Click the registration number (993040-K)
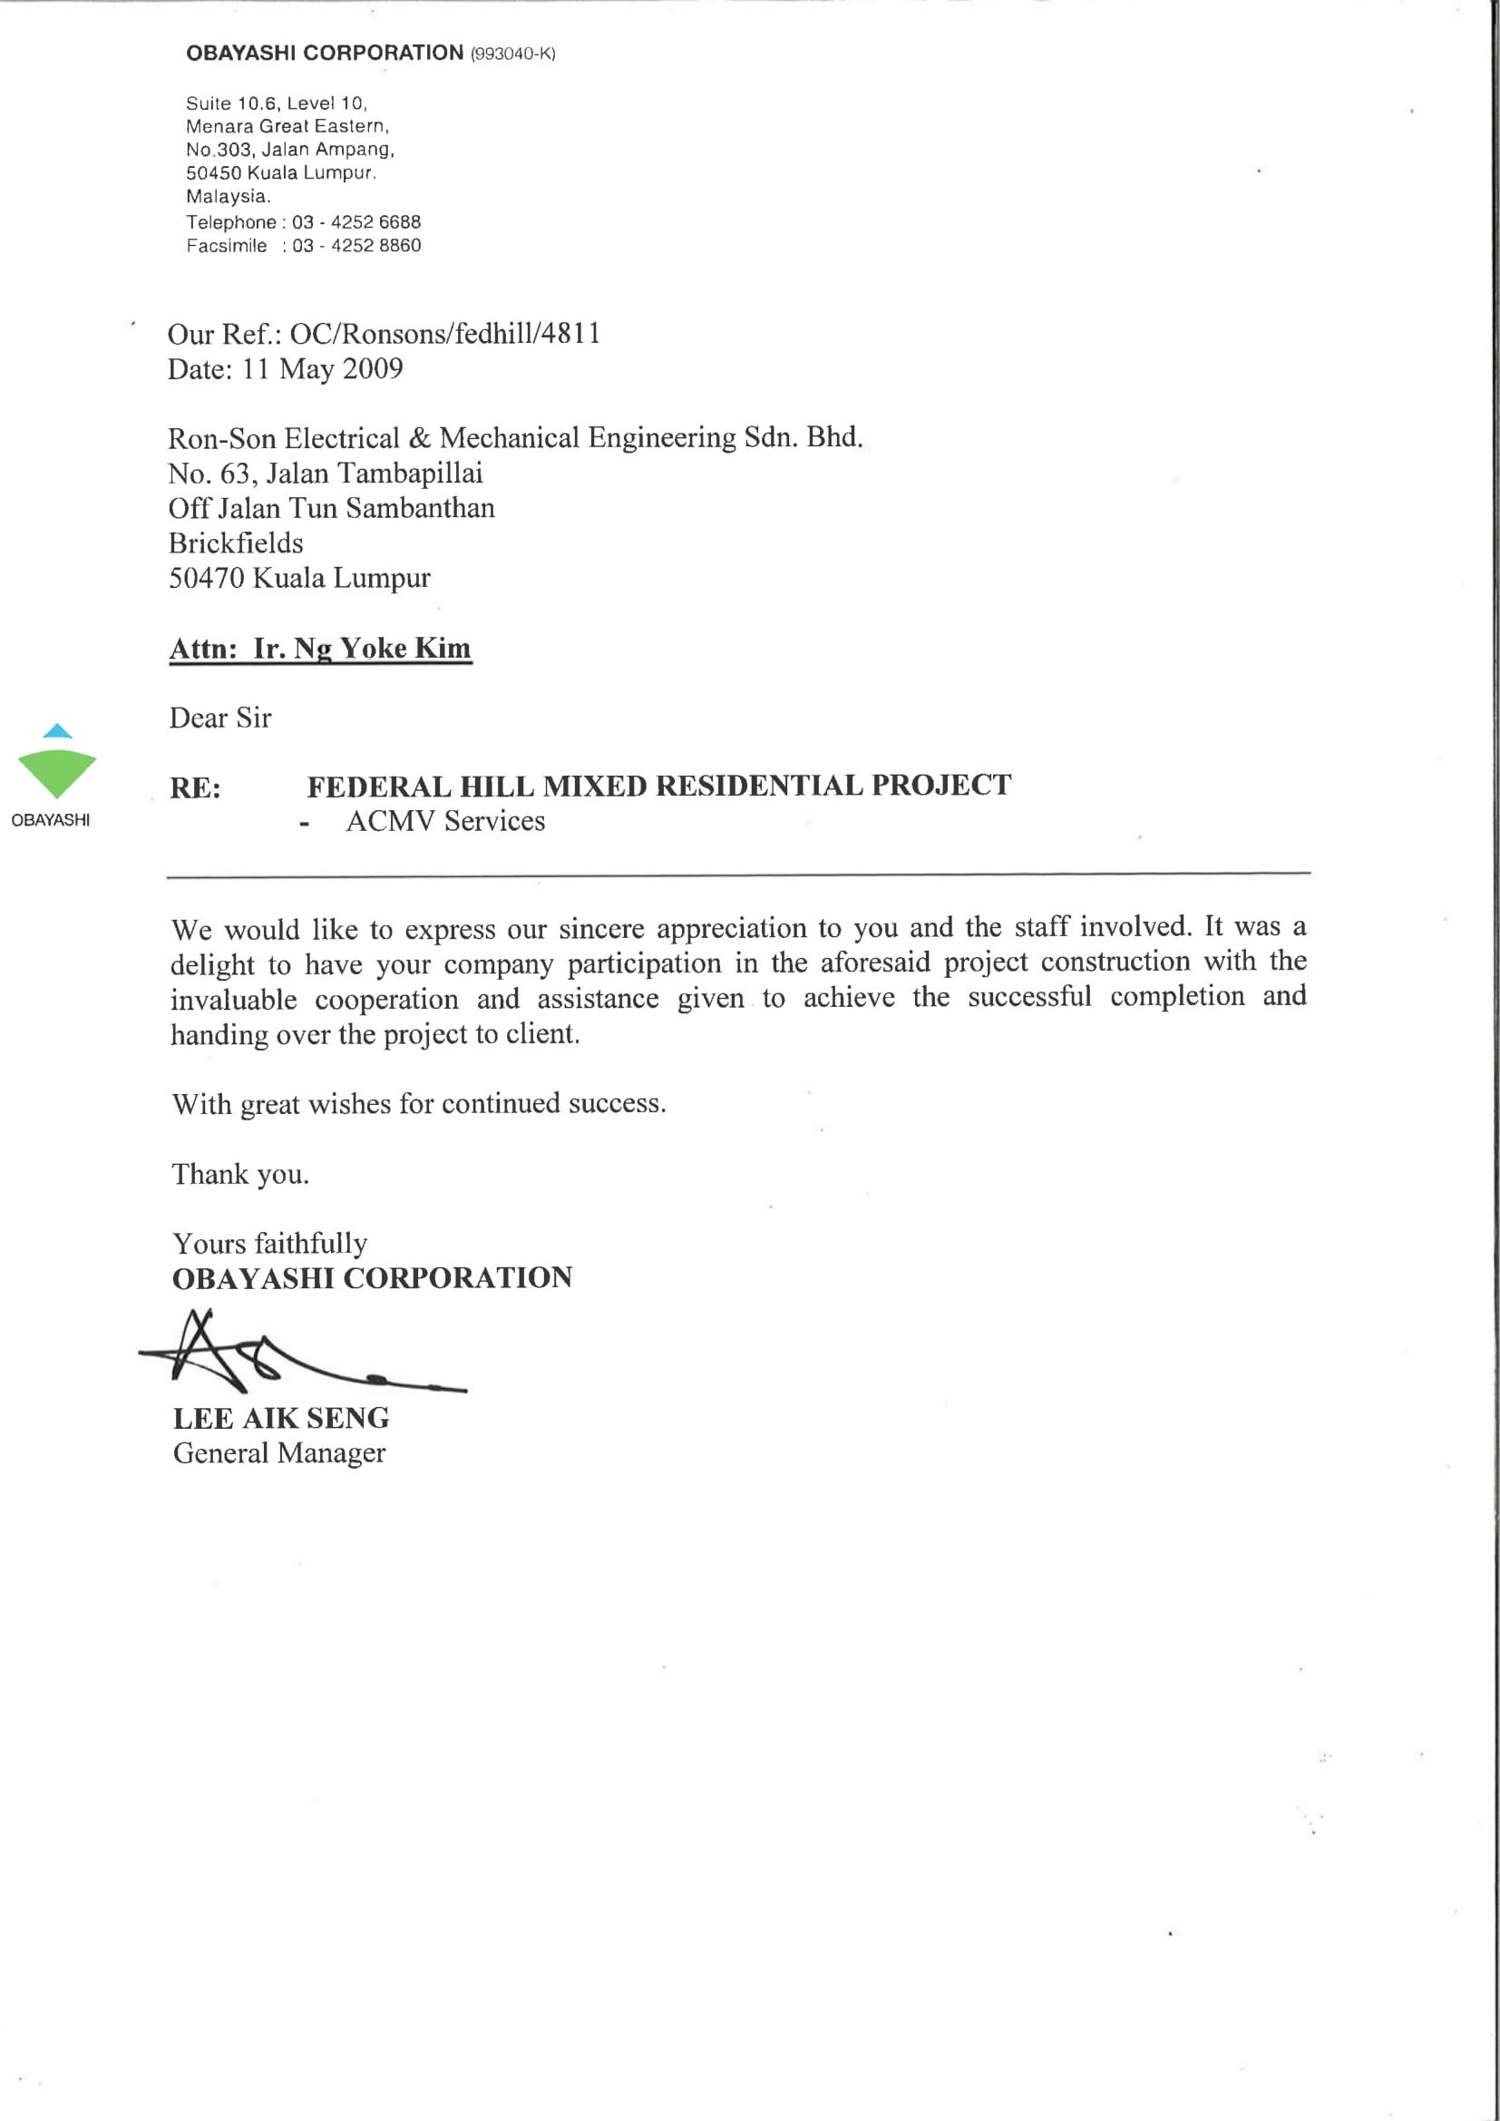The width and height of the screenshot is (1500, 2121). pyautogui.click(x=512, y=54)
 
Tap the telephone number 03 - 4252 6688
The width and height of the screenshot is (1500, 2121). pyautogui.click(x=356, y=222)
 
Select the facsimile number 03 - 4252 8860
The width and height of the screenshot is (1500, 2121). pyautogui.click(x=356, y=246)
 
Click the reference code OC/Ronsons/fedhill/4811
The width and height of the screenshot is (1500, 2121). pyautogui.click(x=445, y=334)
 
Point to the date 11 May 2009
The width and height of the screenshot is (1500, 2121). pyautogui.click(x=322, y=369)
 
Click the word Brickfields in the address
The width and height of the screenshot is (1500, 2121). pyautogui.click(x=236, y=543)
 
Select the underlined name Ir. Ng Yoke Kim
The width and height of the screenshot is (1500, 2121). pyautogui.click(x=362, y=649)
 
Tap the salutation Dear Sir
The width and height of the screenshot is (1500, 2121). pyautogui.click(x=220, y=718)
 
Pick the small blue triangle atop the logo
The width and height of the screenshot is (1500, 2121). pyautogui.click(x=57, y=731)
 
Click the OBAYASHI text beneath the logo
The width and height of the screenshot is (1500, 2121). pyautogui.click(x=51, y=820)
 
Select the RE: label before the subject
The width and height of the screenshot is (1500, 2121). pyautogui.click(x=195, y=788)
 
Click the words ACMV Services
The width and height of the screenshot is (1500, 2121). pyautogui.click(x=445, y=821)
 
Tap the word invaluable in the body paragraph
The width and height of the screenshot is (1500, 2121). pyautogui.click(x=234, y=1000)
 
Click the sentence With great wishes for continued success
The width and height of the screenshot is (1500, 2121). pyautogui.click(x=418, y=1104)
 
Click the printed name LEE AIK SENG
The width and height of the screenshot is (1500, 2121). pyautogui.click(x=281, y=1418)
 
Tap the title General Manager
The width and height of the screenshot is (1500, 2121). pyautogui.click(x=279, y=1453)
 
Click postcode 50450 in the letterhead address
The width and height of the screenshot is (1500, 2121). pyautogui.click(x=212, y=172)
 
